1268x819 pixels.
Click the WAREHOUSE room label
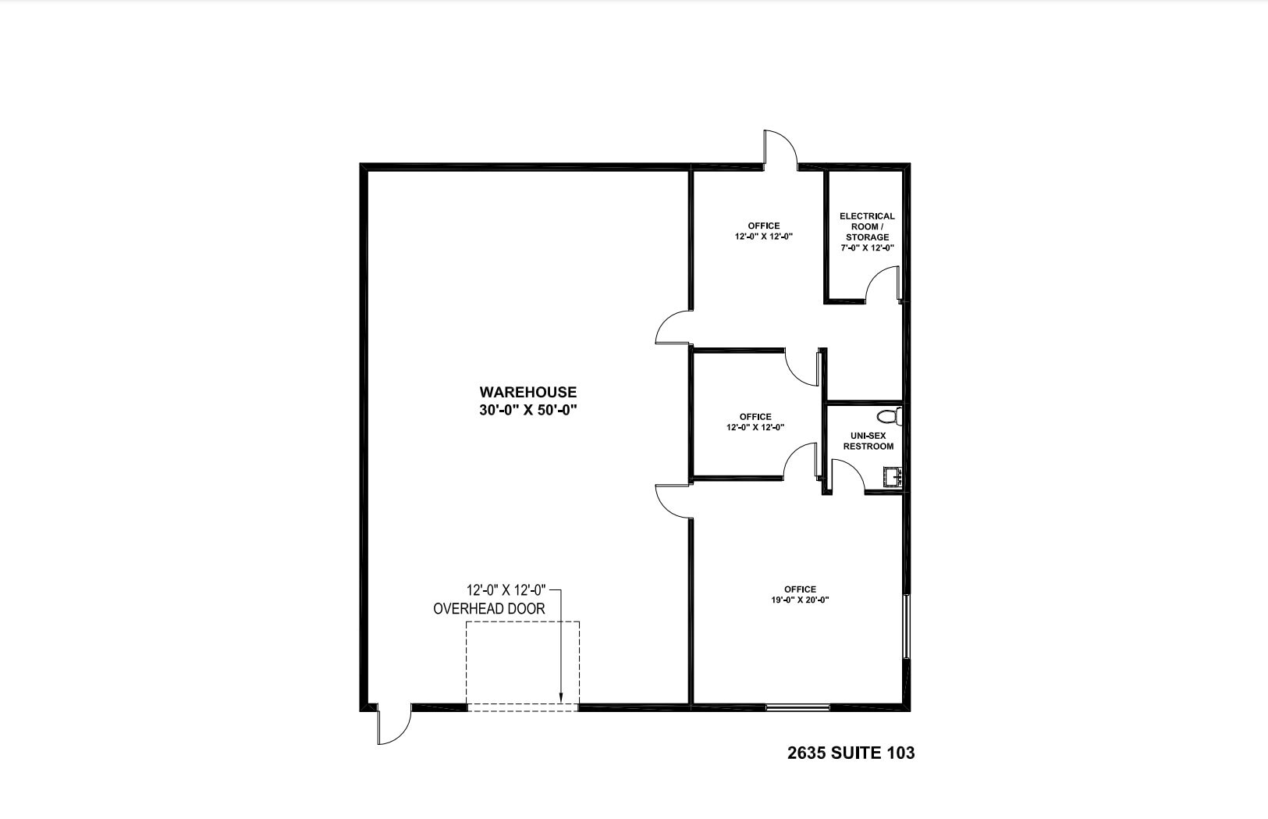pos(527,392)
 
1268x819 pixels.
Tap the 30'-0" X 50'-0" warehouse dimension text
pos(527,410)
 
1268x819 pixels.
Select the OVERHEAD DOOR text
pos(489,608)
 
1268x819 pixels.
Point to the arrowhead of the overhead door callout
pos(561,698)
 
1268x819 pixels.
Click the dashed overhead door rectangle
pos(523,664)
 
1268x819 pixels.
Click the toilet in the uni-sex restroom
pos(890,416)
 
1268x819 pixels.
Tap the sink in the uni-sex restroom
pos(893,475)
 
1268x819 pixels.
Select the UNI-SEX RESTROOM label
pos(868,441)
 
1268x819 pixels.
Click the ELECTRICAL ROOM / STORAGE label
pos(867,226)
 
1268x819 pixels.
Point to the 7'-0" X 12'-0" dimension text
pos(867,247)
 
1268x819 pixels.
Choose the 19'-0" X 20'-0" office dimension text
pos(800,600)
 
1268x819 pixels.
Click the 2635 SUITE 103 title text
pos(851,753)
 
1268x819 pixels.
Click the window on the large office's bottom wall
pos(797,707)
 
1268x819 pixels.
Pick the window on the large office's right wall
pos(906,627)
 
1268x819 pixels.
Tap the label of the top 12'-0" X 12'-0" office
pos(763,226)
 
